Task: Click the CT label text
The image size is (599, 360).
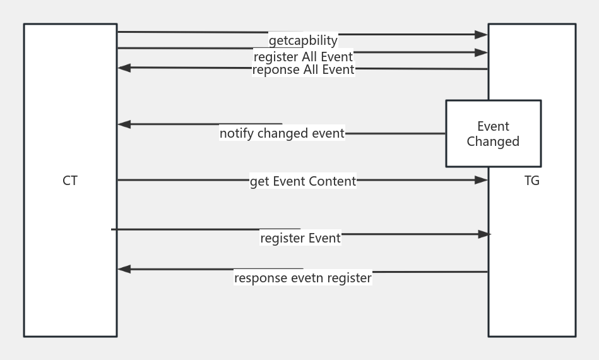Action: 70,181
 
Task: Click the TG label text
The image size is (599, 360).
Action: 532,181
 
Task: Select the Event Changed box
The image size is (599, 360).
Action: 493,133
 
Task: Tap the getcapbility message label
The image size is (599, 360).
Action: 303,40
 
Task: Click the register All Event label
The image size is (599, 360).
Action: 303,57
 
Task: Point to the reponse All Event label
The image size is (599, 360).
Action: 303,69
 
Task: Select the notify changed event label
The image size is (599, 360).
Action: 282,133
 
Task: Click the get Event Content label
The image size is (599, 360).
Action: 303,181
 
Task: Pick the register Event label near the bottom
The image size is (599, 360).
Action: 300,238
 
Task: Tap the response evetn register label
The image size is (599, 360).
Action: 303,278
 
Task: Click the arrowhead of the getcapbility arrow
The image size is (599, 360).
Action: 482,35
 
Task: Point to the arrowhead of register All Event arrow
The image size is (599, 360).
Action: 482,52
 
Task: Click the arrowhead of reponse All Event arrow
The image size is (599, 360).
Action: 124,68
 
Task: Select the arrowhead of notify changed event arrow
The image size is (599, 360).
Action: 124,124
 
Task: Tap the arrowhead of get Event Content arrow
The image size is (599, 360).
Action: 482,180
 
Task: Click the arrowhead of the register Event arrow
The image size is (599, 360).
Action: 484,234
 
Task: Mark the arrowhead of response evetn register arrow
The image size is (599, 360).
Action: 124,269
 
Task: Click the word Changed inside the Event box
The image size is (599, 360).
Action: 493,141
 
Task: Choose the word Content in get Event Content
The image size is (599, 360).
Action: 332,181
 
